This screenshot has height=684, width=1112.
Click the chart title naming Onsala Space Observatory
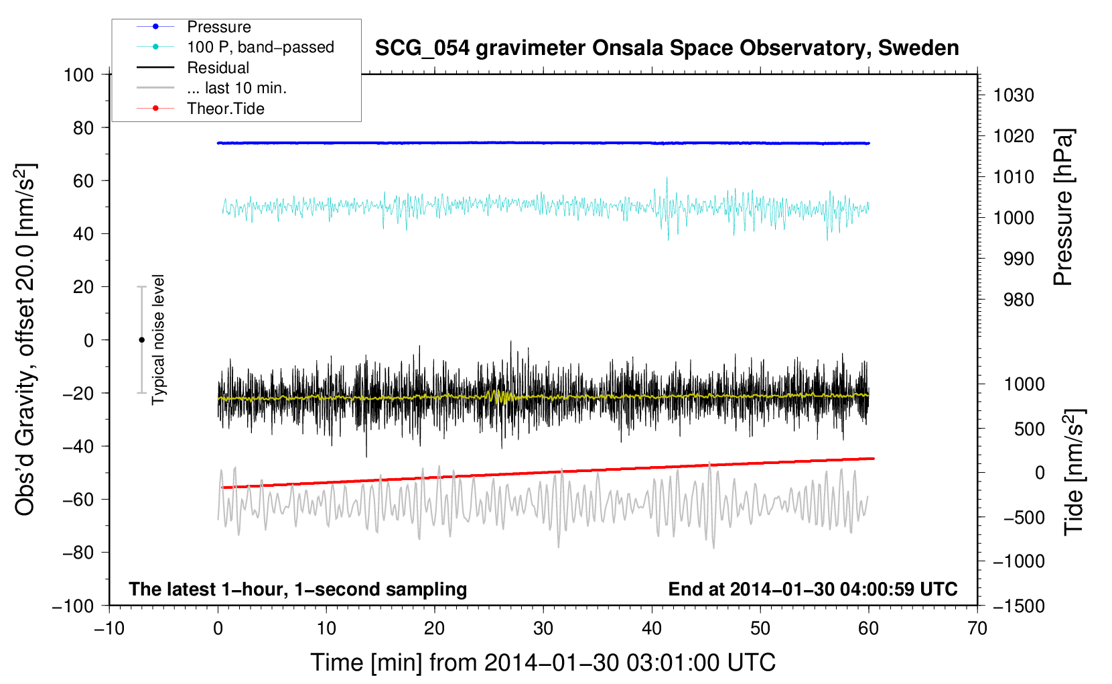point(667,48)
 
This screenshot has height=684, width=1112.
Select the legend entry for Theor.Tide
point(226,109)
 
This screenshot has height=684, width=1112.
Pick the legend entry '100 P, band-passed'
point(260,47)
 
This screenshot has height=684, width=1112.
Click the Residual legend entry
point(218,68)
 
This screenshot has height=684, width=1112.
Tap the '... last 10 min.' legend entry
point(236,88)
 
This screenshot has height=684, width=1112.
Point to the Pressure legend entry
point(218,27)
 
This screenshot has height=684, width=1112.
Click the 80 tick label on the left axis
point(83,127)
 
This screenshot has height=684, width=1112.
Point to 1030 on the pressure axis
point(1014,95)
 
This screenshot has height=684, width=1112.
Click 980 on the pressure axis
point(1018,300)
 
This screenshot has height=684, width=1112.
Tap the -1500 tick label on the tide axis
point(1019,606)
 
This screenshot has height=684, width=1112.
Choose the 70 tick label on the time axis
point(977,628)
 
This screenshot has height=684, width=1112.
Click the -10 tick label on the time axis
point(109,628)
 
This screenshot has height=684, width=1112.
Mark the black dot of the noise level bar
point(141,340)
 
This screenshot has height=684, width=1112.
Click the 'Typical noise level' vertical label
point(158,339)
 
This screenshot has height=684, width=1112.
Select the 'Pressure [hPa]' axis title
point(1063,207)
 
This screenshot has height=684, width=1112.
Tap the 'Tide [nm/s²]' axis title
point(1073,471)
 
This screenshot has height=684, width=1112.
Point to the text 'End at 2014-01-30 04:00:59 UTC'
point(813,589)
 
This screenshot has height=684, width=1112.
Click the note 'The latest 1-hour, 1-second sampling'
point(298,589)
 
